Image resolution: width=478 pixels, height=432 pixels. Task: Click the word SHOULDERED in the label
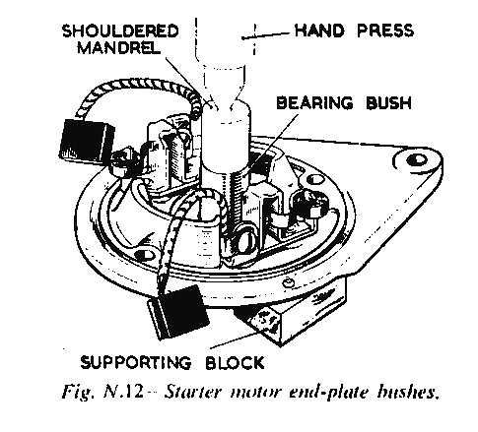click(120, 31)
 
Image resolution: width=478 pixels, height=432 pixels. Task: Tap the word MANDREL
click(119, 48)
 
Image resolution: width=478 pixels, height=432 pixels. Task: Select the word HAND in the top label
click(319, 31)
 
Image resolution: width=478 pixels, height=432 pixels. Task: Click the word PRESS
click(385, 31)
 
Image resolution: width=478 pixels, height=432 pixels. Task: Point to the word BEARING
click(314, 102)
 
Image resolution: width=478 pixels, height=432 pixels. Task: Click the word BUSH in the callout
click(388, 102)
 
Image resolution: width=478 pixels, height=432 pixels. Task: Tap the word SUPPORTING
click(136, 362)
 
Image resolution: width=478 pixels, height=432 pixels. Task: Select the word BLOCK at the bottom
click(235, 362)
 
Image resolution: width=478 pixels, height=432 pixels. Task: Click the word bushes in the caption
click(408, 391)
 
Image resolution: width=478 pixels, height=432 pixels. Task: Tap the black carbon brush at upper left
click(87, 141)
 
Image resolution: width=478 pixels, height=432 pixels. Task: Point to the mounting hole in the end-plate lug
click(417, 160)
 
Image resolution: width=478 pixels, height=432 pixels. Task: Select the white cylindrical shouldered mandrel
click(226, 136)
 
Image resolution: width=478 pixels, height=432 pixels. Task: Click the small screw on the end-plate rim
click(288, 282)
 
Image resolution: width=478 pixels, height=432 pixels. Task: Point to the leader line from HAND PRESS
click(266, 35)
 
